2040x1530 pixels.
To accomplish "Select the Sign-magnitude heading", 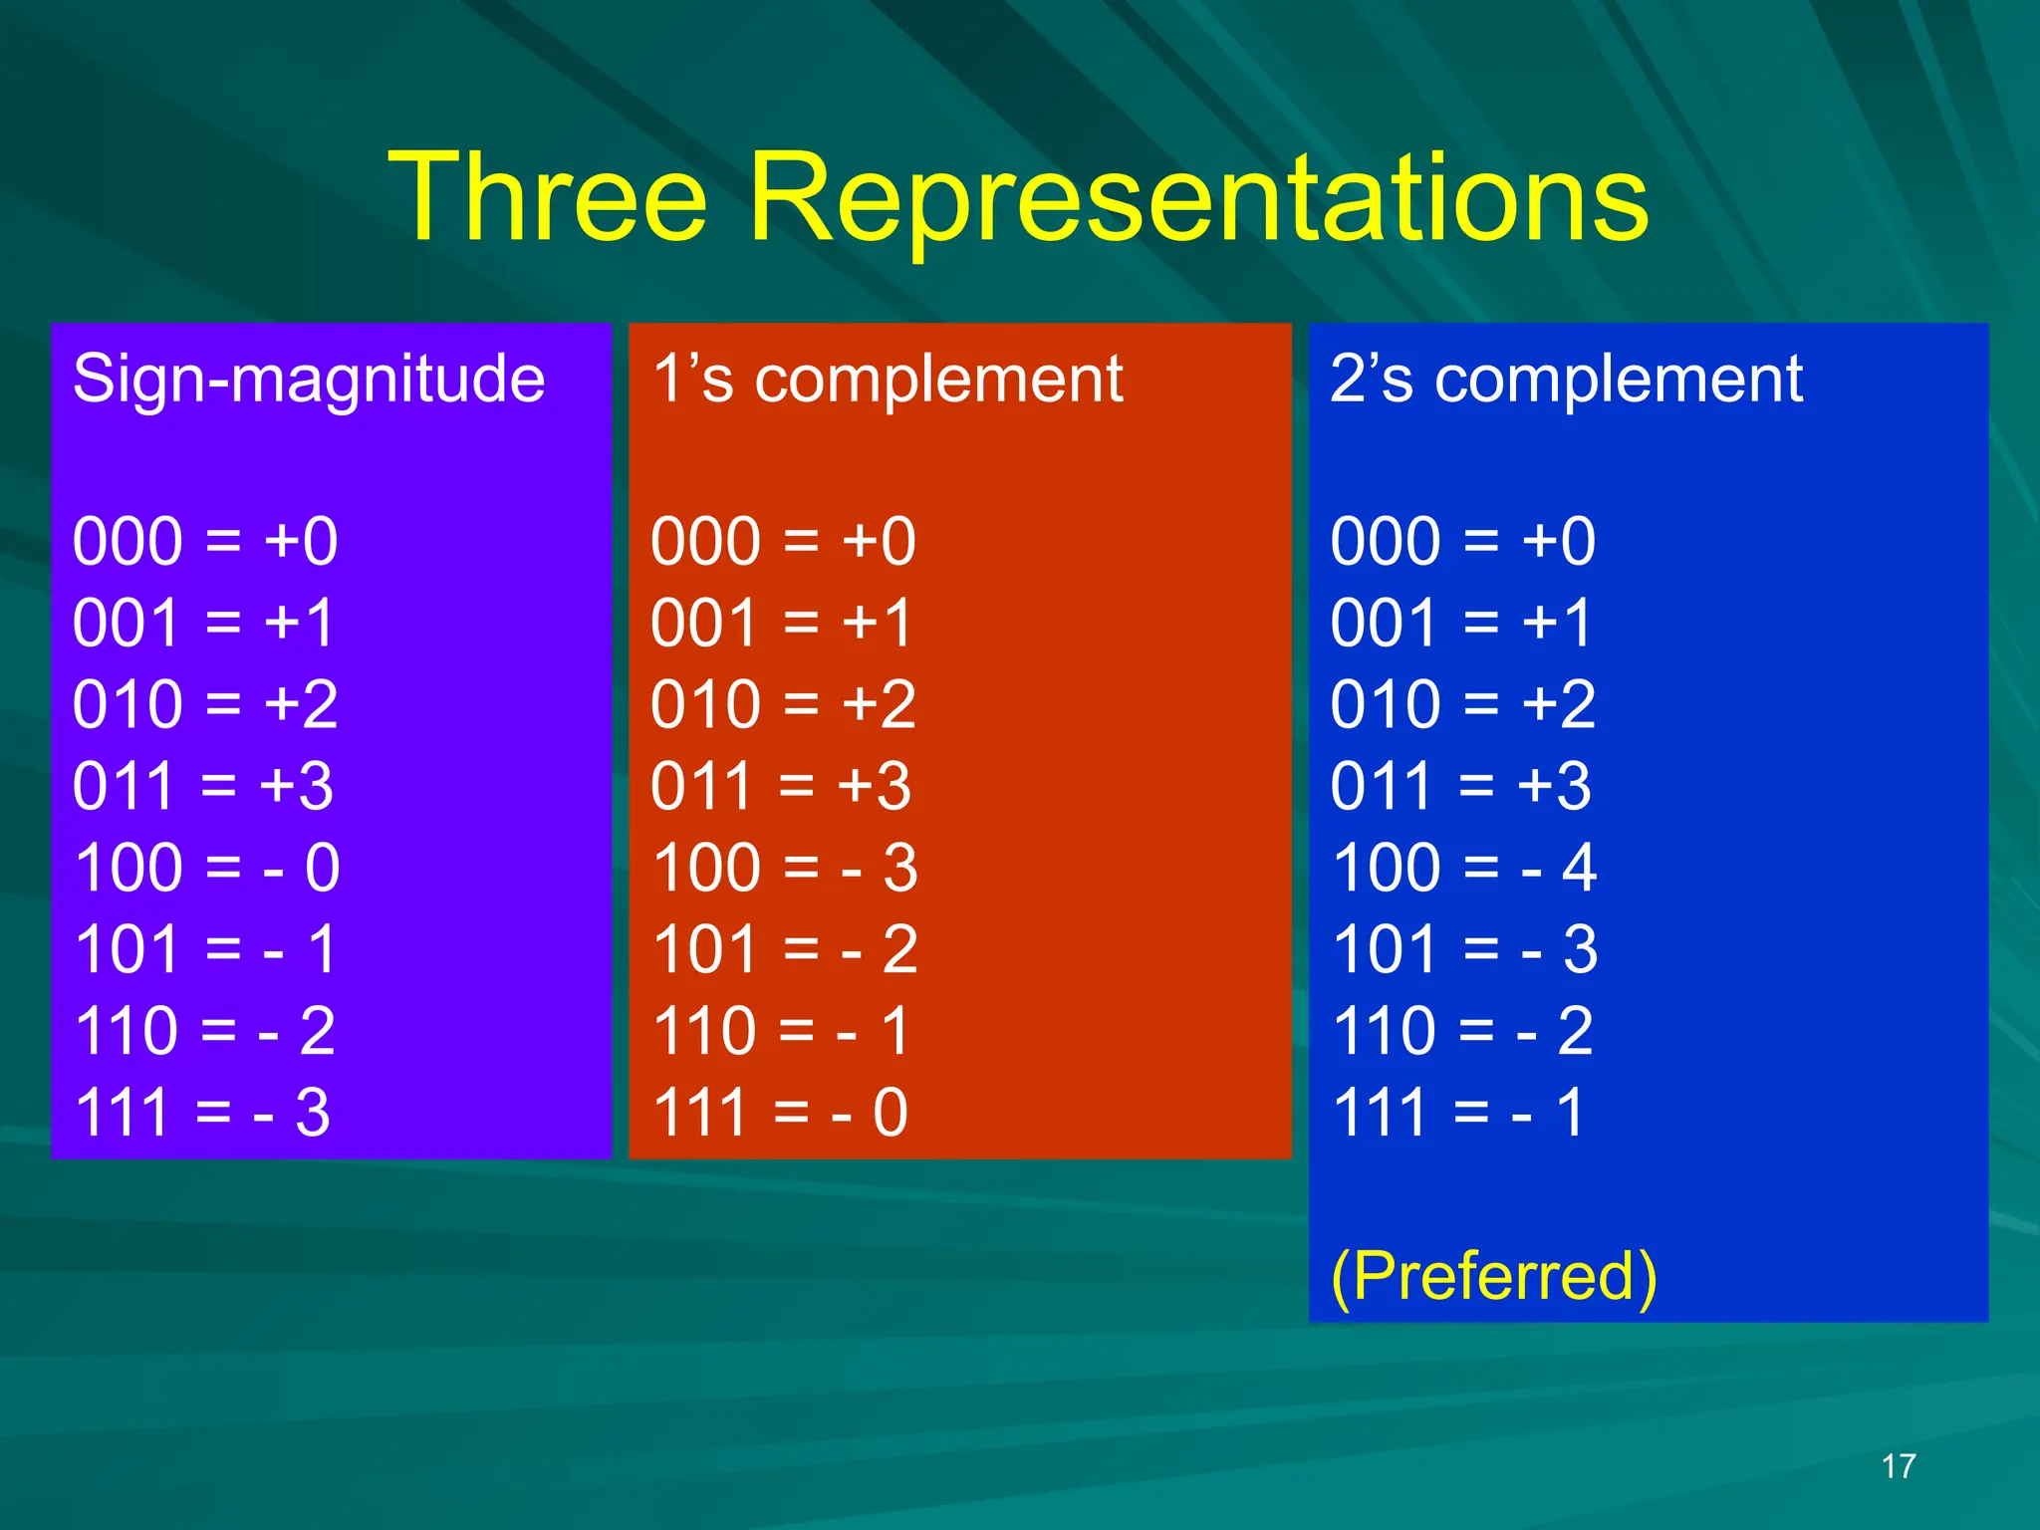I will [x=309, y=380].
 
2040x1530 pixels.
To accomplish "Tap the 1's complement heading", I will [x=888, y=380].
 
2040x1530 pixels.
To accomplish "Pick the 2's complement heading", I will [x=1566, y=380].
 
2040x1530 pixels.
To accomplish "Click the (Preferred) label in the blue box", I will [x=1493, y=1276].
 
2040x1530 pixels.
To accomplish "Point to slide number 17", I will [x=1898, y=1466].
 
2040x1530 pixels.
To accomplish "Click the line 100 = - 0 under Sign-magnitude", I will [x=207, y=868].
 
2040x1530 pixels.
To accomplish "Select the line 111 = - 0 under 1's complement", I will [x=780, y=1113].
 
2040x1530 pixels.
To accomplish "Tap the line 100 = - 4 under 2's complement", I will [x=1464, y=868].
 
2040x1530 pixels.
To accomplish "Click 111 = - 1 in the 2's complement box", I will [x=1458, y=1113].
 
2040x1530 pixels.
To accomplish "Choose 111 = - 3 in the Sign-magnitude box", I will [x=202, y=1113].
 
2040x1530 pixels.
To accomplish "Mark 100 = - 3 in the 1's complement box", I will [x=785, y=868].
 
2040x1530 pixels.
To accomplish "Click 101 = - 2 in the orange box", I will [x=785, y=949].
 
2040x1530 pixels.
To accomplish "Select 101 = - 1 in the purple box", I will [x=205, y=949].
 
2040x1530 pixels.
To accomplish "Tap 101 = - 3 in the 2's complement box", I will [x=1464, y=949].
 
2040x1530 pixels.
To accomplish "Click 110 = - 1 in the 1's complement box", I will [x=781, y=1031].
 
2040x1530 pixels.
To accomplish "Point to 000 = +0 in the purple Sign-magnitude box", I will [x=205, y=542].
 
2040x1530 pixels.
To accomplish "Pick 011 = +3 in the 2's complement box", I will [x=1460, y=787].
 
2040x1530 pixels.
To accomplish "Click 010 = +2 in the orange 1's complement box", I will [x=783, y=705].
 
